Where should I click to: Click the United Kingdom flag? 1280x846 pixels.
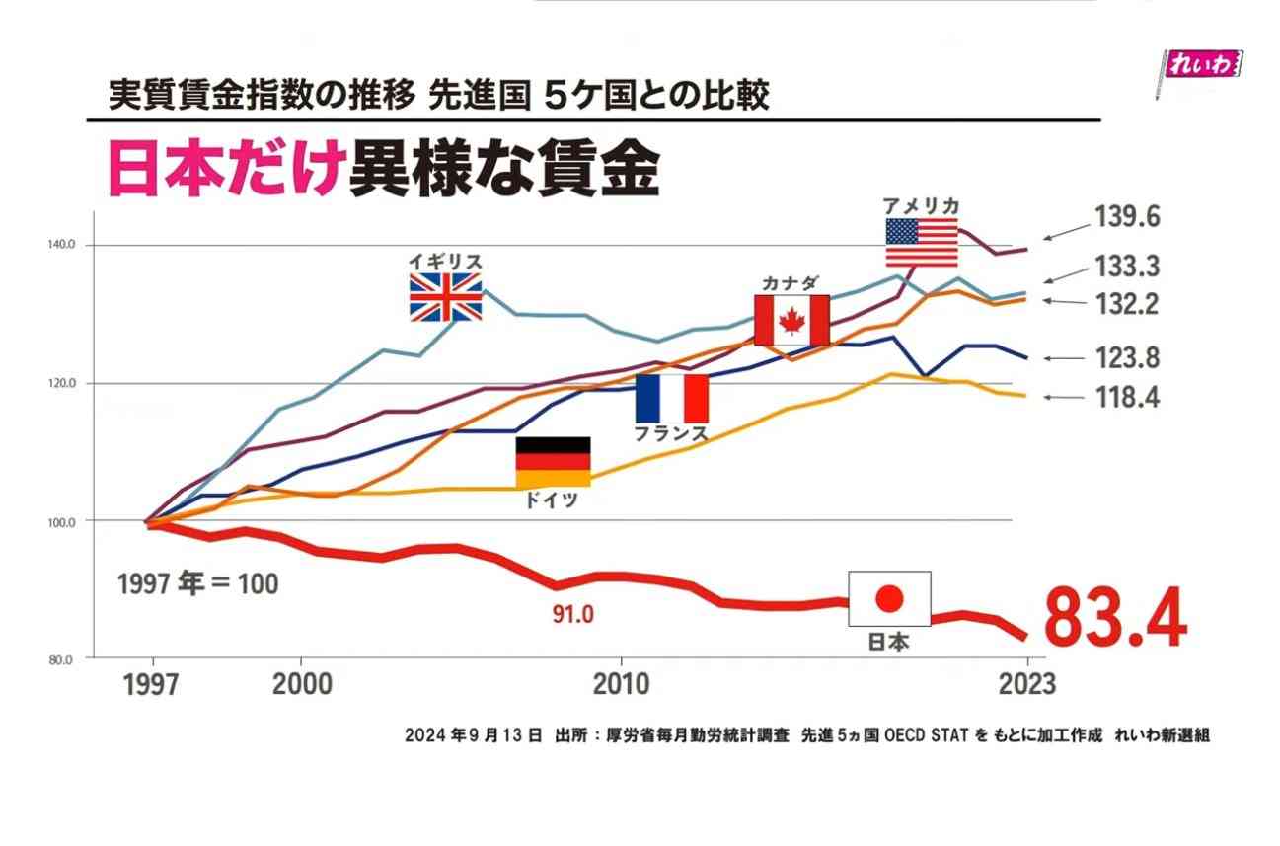tap(446, 297)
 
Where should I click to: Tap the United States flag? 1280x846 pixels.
tap(921, 243)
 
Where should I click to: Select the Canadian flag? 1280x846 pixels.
tap(791, 320)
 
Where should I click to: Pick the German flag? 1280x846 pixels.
tap(553, 462)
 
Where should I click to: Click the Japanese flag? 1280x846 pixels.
tap(889, 598)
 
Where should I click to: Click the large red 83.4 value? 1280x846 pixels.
tap(1114, 619)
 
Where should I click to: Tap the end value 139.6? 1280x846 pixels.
tap(1126, 217)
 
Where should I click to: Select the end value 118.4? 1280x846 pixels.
tap(1126, 398)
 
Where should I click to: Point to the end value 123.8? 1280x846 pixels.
tap(1126, 358)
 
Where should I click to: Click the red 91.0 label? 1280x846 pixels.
tap(572, 615)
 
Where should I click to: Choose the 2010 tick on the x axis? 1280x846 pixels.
tap(622, 683)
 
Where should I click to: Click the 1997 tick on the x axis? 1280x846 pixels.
tap(151, 684)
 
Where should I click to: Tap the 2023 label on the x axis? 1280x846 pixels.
tap(1026, 683)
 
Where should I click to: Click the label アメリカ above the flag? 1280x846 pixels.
tap(921, 205)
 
